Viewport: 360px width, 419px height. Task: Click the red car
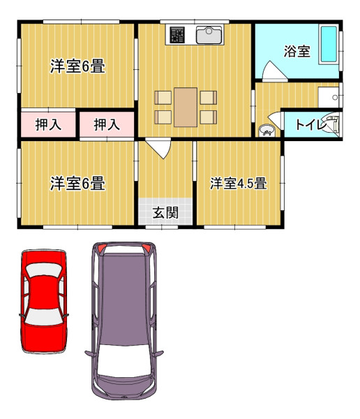44,301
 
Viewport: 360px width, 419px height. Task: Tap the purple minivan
124,321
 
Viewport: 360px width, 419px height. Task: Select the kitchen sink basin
209,35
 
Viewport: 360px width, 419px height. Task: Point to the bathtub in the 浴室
329,44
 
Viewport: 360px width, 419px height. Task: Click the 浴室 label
297,51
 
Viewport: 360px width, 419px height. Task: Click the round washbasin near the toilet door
267,131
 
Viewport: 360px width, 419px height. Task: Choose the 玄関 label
165,213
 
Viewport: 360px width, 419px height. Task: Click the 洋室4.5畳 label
238,184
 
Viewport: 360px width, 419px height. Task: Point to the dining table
186,107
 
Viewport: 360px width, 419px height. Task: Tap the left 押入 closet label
48,124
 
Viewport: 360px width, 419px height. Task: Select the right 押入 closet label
107,124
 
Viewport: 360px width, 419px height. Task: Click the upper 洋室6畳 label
77,66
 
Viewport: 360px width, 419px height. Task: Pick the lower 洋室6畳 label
77,184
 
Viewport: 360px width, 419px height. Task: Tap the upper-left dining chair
163,98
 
